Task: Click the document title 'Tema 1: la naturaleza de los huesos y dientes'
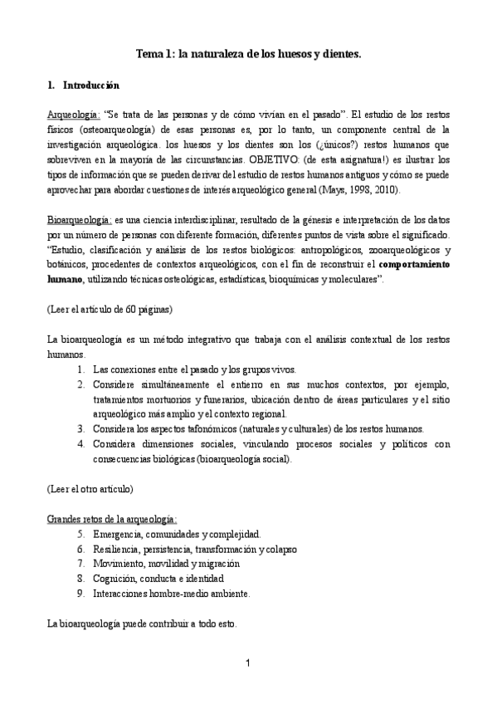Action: point(249,54)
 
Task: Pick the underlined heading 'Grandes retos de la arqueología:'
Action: point(111,518)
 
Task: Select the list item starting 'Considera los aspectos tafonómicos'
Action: point(258,428)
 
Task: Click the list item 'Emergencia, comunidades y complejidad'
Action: point(177,533)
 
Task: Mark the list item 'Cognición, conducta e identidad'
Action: point(158,578)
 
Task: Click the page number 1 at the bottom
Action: point(248,662)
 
